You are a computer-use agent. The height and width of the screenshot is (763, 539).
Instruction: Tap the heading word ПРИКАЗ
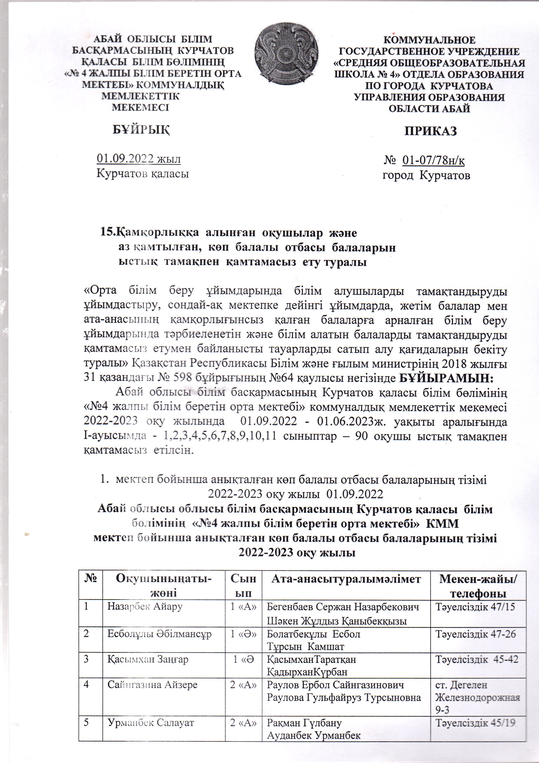430,131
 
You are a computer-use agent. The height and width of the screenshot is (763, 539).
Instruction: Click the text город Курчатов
426,175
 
